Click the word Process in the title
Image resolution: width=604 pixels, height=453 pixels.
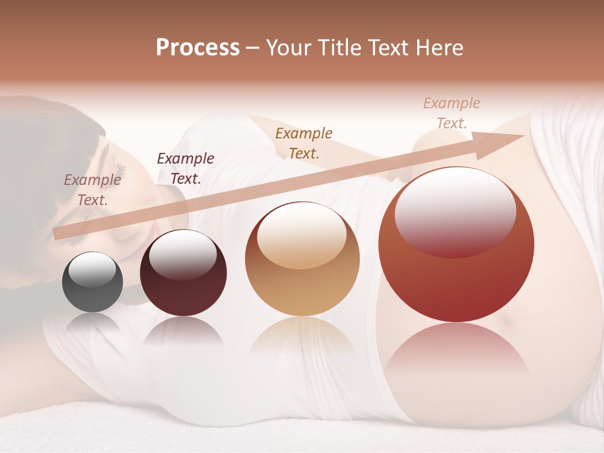(198, 48)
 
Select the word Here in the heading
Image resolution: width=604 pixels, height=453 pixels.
(439, 48)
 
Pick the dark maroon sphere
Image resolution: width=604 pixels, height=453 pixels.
(183, 273)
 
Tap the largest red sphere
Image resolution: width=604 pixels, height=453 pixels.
(456, 245)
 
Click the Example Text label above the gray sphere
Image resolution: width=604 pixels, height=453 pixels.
(92, 190)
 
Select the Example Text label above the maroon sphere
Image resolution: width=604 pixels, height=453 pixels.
(185, 169)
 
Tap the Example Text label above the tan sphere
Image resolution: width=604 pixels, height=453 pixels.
(304, 143)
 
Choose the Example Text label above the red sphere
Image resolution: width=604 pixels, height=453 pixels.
(451, 113)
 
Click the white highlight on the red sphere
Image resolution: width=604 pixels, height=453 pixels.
(456, 211)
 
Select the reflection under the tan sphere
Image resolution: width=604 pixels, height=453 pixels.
(302, 340)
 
